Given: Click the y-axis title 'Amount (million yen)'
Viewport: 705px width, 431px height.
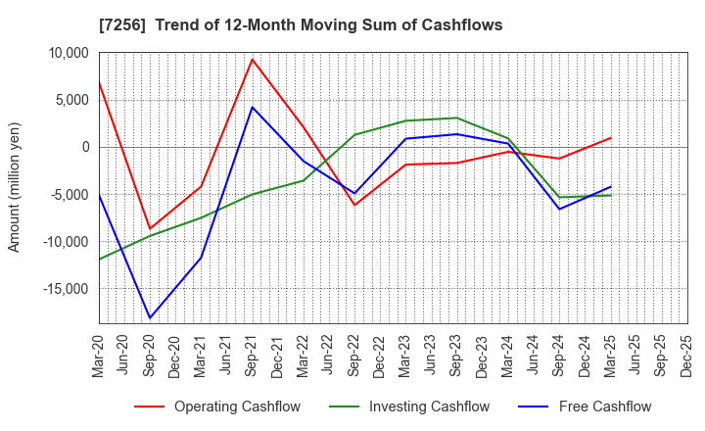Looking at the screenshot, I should pos(14,187).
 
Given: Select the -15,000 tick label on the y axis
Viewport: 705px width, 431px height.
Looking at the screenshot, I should pos(60,289).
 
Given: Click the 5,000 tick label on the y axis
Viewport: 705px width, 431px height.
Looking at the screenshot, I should pos(67,100).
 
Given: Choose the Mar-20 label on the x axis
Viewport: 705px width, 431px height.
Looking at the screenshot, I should pos(99,355).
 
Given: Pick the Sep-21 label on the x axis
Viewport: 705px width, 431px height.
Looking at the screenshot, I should pos(253,355).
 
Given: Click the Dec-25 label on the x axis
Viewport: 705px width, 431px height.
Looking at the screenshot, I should pos(686,355).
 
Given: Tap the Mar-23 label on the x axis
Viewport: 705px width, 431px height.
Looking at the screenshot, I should pos(405,355).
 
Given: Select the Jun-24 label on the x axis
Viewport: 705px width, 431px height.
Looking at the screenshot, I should pos(534,355).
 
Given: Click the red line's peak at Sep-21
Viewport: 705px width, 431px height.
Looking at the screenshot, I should pos(253,59).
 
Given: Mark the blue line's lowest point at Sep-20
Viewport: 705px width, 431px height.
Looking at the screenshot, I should pos(150,318).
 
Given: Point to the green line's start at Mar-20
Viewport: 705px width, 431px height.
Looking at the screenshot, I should pos(99,260).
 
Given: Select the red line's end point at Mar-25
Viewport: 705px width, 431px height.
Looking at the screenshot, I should pos(610,138).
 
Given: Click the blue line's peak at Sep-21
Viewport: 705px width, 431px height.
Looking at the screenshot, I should pos(253,107).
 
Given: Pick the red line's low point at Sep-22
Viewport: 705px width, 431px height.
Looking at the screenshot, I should pos(354,205).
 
